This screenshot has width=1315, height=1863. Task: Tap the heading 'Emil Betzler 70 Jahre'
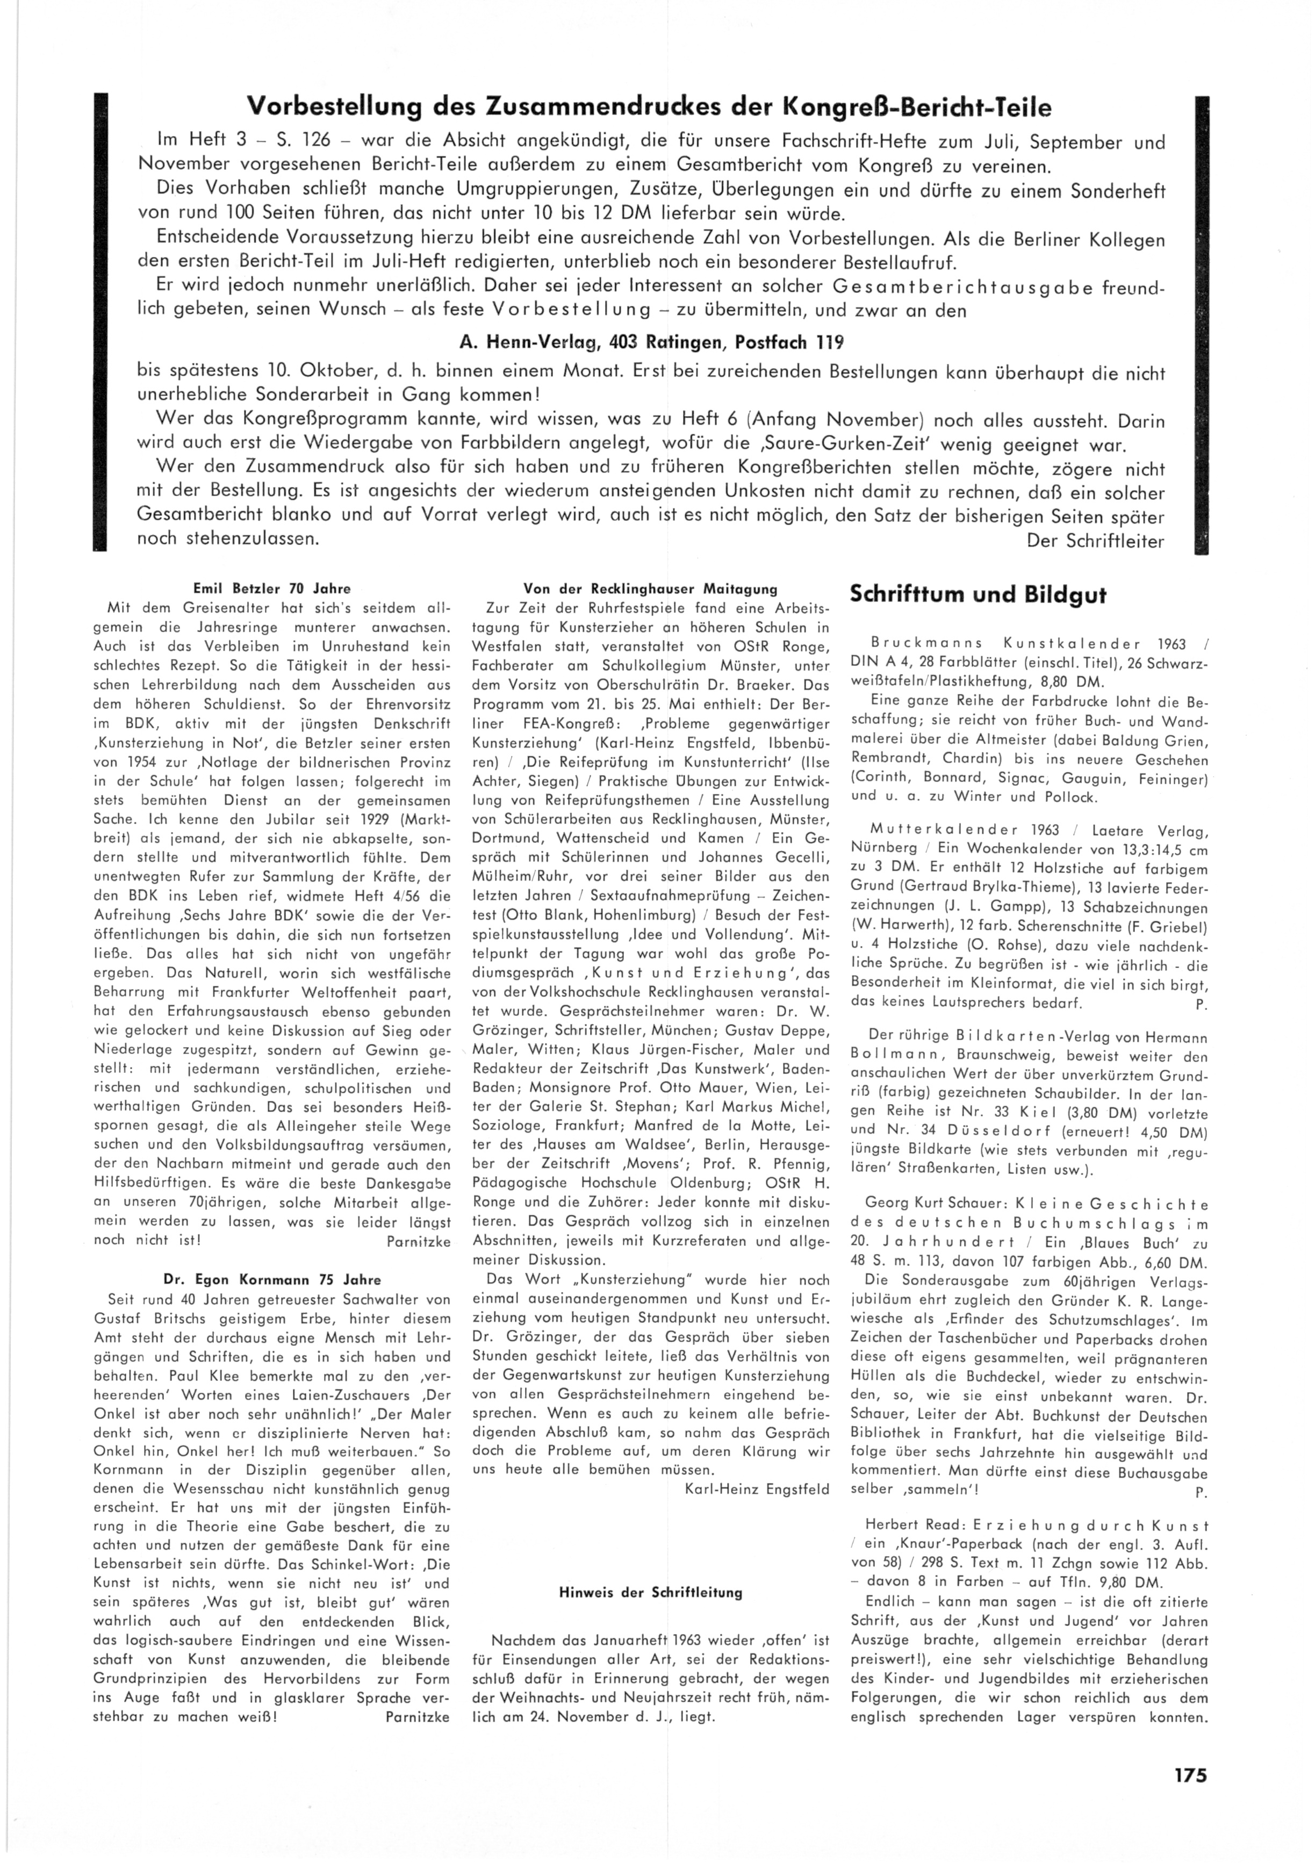click(269, 589)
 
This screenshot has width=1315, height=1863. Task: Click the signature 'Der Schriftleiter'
click(1095, 540)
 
